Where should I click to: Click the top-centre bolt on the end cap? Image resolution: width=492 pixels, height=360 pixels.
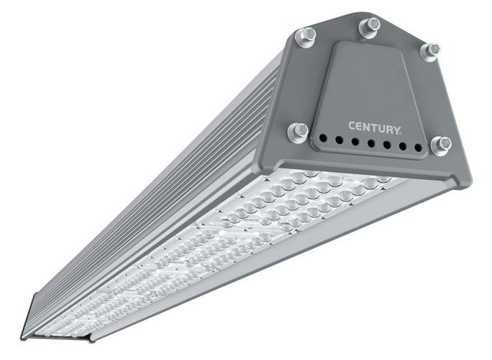(x=369, y=27)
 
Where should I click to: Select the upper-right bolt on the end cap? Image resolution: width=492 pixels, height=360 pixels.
(x=429, y=50)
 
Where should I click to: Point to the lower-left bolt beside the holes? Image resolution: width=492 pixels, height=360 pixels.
(x=298, y=131)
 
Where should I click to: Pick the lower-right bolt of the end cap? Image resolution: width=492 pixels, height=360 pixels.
(x=439, y=144)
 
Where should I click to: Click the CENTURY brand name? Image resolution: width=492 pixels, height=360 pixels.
(x=375, y=127)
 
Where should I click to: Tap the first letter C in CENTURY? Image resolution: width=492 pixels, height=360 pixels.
(x=352, y=126)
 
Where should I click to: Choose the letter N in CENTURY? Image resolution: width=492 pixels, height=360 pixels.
(x=367, y=127)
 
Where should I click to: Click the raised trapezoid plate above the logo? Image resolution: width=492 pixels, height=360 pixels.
(x=367, y=79)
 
